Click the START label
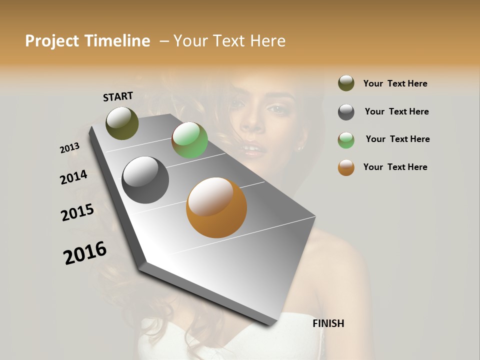[118, 96]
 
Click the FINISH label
[328, 323]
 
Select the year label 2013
[69, 148]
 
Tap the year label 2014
[73, 177]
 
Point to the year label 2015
[77, 212]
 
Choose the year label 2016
[85, 252]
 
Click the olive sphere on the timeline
[122, 123]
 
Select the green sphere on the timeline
[189, 140]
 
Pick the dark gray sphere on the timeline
[145, 180]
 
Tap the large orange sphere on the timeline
[216, 207]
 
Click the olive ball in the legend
[346, 83]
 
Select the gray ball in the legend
[346, 112]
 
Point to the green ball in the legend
[346, 140]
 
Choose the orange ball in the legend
[346, 167]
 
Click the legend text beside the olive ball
[395, 84]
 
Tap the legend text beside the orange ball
[395, 167]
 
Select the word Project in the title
[52, 41]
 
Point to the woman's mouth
[252, 149]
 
